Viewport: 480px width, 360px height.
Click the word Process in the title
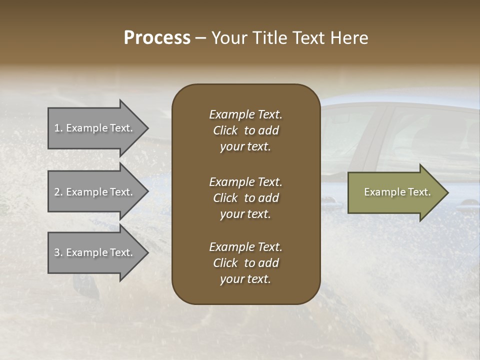pyautogui.click(x=157, y=38)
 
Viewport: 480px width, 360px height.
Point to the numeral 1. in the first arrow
pyautogui.click(x=58, y=128)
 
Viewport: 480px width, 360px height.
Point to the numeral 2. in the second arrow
pyautogui.click(x=58, y=192)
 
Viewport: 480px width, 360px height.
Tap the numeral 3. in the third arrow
pyautogui.click(x=58, y=252)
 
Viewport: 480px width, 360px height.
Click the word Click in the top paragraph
pyautogui.click(x=225, y=131)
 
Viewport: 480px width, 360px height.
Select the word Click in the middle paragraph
pyautogui.click(x=225, y=198)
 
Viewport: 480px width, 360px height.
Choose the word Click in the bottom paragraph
pyautogui.click(x=225, y=263)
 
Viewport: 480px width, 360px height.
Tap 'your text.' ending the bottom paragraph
pyautogui.click(x=245, y=279)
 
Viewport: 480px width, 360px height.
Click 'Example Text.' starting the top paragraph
pyautogui.click(x=245, y=114)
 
